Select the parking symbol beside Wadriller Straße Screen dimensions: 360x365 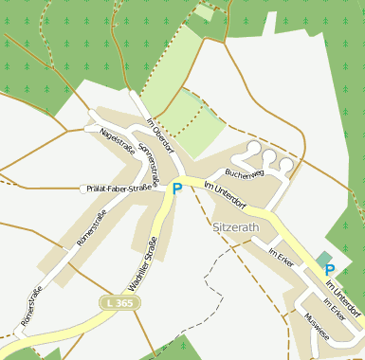point(176,189)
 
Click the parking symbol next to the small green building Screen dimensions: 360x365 point(330,270)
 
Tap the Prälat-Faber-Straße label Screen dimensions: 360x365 point(119,189)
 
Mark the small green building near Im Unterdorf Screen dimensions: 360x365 point(324,258)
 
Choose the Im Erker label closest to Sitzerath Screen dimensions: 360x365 point(281,258)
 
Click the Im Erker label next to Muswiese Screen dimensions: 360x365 point(333,311)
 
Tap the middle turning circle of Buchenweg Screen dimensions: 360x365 point(269,157)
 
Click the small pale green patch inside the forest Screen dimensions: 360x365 point(204,12)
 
